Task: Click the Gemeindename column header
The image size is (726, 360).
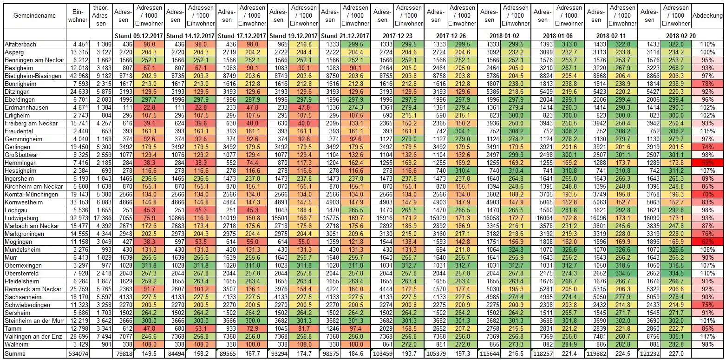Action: [34, 16]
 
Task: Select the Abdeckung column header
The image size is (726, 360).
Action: [707, 16]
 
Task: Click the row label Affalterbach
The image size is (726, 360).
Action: [20, 44]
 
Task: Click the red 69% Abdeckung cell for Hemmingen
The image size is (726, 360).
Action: [707, 163]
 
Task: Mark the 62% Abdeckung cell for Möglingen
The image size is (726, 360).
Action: [707, 242]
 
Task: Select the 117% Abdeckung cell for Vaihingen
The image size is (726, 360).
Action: [707, 336]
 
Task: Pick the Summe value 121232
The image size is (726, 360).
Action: [649, 354]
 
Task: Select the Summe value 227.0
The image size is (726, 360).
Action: [675, 354]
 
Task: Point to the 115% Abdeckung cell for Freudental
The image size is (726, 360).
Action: [707, 131]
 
